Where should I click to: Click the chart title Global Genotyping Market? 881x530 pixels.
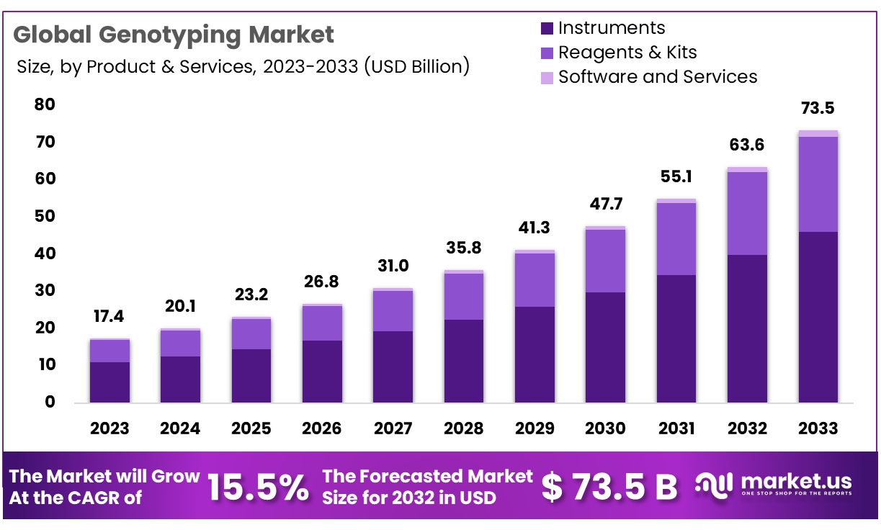coord(174,35)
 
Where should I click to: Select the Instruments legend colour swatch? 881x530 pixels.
coord(547,29)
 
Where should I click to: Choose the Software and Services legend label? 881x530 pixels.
coord(657,76)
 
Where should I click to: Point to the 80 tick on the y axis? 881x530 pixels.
coord(45,105)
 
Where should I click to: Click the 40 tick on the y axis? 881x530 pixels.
coord(45,253)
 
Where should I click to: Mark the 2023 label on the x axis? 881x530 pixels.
coord(109,428)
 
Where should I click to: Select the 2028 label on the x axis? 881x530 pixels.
coord(464,428)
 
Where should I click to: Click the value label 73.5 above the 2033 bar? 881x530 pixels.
coord(818,109)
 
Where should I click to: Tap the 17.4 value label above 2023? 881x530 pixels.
coord(109,316)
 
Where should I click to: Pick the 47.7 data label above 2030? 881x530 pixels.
coord(605,204)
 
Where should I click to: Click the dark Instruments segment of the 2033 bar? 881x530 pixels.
coord(818,317)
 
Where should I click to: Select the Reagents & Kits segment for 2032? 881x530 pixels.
coord(747,213)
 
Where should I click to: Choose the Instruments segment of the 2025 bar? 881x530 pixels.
coord(251,375)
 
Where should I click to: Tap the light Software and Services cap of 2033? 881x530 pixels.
coord(818,133)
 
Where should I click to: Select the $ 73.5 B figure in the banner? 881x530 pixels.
coord(609,488)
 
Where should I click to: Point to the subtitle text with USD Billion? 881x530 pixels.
coord(243,67)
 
